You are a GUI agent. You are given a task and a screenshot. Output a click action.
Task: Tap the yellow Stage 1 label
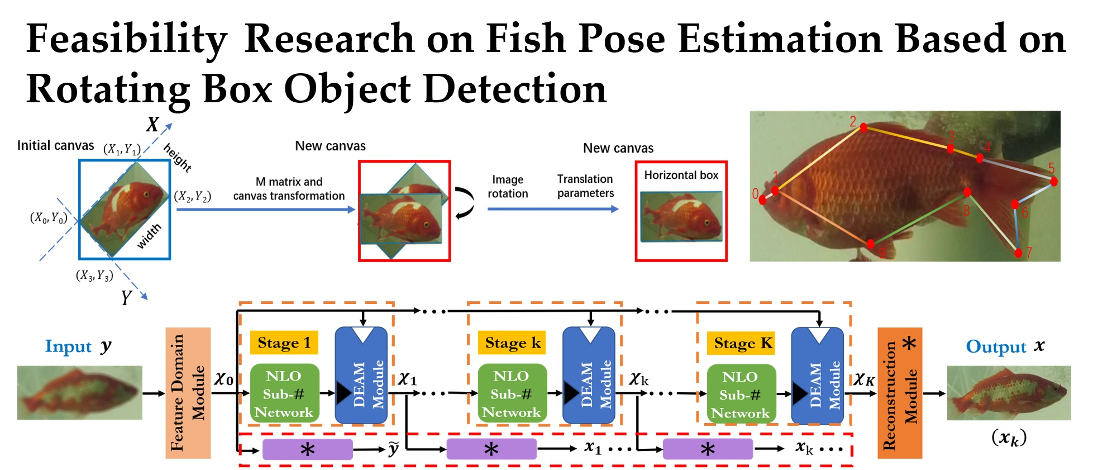284,343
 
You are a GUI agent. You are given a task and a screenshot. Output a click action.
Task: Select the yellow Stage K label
742,343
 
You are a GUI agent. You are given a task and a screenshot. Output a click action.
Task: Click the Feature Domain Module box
188,393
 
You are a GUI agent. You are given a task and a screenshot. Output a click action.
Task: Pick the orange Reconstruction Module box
899,393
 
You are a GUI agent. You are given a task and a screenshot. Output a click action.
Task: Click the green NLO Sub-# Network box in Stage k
512,394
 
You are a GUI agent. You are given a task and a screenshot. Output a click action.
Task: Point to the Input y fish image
79,393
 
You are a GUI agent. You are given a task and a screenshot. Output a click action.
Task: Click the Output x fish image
1009,393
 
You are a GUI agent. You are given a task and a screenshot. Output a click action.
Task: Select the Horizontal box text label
681,175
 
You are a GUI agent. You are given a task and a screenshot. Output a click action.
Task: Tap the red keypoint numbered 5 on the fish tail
1053,181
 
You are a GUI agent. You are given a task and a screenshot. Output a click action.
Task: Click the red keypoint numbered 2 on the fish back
863,128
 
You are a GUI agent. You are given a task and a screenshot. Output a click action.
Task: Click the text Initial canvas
55,146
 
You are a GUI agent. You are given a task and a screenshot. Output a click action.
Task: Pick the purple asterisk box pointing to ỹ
307,449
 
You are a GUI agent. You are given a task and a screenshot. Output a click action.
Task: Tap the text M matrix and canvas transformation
289,189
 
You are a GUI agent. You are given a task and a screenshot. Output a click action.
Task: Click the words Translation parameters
585,186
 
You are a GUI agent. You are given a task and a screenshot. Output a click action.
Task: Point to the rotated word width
149,236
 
